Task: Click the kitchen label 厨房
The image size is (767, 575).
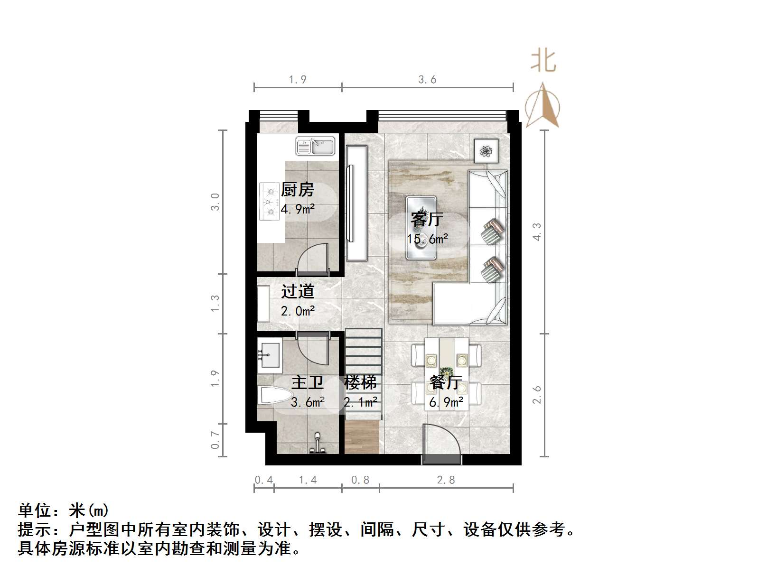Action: (x=298, y=190)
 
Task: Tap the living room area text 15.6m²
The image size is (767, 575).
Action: (x=427, y=239)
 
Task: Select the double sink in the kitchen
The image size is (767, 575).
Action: (x=315, y=146)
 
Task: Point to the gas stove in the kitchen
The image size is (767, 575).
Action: (x=269, y=202)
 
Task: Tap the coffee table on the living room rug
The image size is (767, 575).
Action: (x=421, y=228)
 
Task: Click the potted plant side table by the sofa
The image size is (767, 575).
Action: (x=486, y=151)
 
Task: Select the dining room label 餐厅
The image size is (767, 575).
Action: (x=446, y=382)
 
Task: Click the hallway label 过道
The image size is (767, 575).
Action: (x=298, y=291)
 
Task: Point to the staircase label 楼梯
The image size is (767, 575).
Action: (x=361, y=382)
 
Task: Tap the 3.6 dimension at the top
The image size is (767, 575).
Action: (x=427, y=80)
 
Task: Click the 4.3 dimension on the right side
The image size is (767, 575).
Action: (x=536, y=232)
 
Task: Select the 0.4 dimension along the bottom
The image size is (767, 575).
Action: (x=264, y=480)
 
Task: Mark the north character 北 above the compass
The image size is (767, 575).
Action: (x=543, y=62)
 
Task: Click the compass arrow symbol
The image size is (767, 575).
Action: (x=543, y=107)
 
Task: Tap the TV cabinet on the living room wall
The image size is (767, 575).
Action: (x=357, y=203)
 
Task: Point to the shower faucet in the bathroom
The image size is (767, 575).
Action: (x=317, y=444)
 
